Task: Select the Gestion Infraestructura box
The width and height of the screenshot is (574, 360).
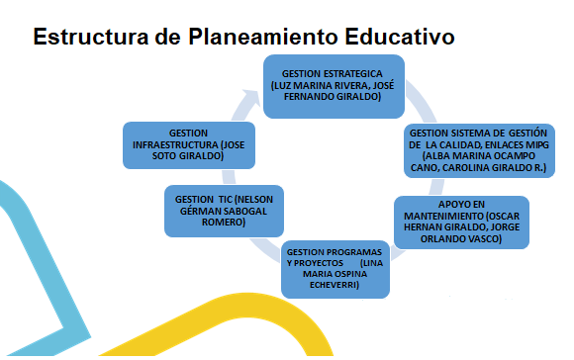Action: pyautogui.click(x=189, y=143)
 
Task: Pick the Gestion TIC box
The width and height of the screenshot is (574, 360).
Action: pyautogui.click(x=225, y=210)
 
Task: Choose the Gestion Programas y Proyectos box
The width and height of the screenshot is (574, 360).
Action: pyautogui.click(x=331, y=267)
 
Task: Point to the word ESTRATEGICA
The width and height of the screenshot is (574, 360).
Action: pyautogui.click(x=346, y=73)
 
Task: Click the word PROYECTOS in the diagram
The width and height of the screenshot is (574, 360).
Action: pyautogui.click(x=320, y=262)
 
